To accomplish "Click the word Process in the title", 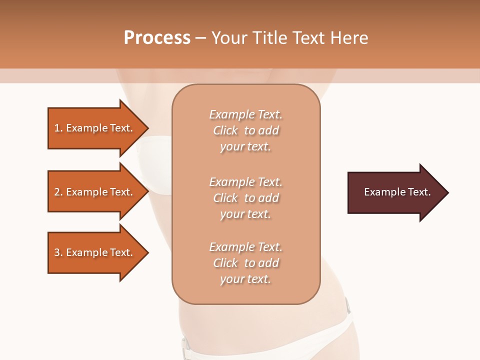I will click(157, 38).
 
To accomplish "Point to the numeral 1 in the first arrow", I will click(57, 128).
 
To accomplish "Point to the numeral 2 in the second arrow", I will click(57, 192).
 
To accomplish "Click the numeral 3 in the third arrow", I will click(57, 252).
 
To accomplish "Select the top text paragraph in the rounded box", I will click(245, 130).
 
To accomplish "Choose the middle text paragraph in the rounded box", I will click(245, 198).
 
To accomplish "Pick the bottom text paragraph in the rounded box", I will click(245, 263).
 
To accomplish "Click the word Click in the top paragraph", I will click(225, 130).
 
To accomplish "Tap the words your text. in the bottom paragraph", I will click(245, 279).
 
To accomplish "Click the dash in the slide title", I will click(200, 38).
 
